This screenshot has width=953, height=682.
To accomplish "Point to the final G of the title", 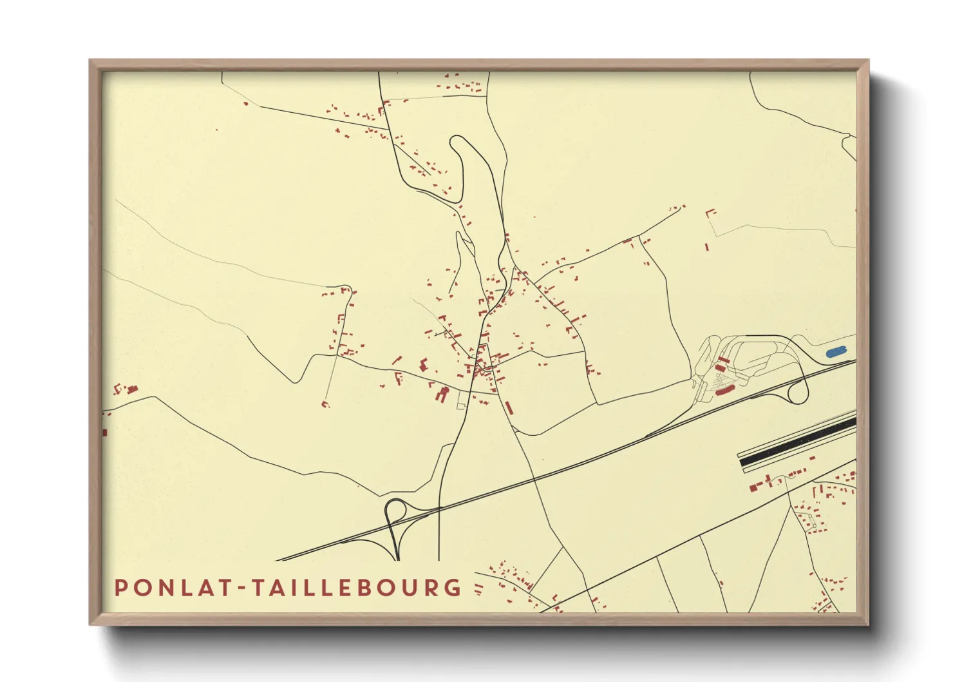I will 453,587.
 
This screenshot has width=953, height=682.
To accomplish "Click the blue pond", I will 836,352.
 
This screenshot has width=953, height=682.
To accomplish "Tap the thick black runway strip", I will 798,442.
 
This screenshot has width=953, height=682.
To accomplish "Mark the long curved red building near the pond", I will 725,389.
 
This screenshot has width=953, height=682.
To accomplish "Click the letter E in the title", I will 358,587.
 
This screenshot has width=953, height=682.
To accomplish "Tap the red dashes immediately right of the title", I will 478,588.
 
